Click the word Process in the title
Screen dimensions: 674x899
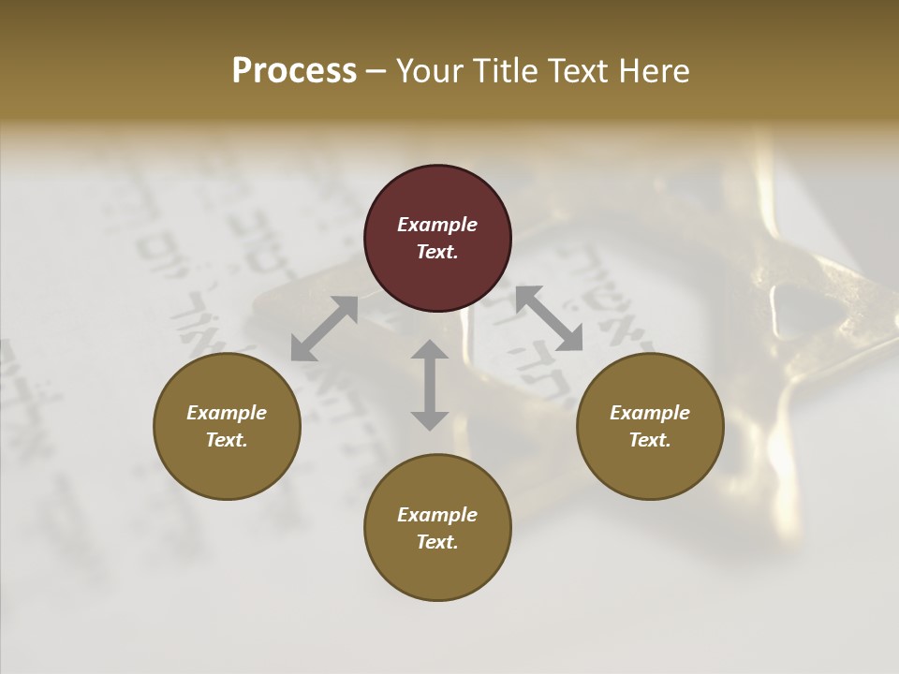pyautogui.click(x=294, y=71)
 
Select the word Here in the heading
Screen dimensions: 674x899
pyautogui.click(x=652, y=71)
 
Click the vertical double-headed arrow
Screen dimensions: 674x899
pyautogui.click(x=430, y=385)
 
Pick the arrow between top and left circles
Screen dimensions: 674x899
pyautogui.click(x=324, y=329)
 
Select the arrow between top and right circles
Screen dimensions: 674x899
pyautogui.click(x=550, y=319)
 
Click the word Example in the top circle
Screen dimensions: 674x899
pyautogui.click(x=437, y=225)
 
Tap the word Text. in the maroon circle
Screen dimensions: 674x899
pyautogui.click(x=437, y=252)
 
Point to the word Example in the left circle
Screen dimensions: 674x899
pyautogui.click(x=227, y=413)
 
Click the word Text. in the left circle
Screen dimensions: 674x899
pyautogui.click(x=227, y=440)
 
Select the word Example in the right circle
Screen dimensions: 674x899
pyautogui.click(x=650, y=413)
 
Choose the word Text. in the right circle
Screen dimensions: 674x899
pyautogui.click(x=650, y=440)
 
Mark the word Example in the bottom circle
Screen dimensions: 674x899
pyautogui.click(x=437, y=515)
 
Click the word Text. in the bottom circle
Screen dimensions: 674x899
pyautogui.click(x=437, y=542)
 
